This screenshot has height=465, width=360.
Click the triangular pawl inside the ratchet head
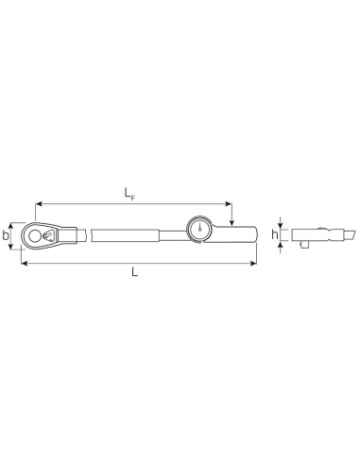[x=47, y=232]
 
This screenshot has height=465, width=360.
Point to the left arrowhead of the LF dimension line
[x=39, y=200]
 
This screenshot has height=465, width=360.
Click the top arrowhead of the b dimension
[x=14, y=222]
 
